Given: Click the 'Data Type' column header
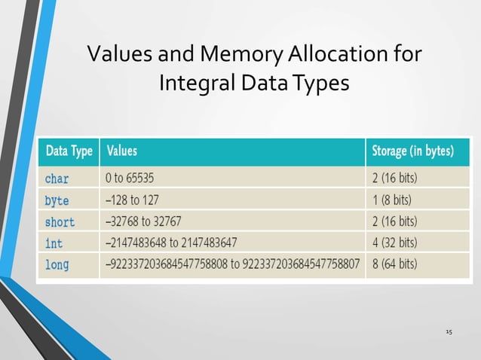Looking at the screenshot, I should tap(69, 151).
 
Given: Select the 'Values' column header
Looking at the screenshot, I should tap(122, 151).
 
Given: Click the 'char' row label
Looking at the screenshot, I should tap(57, 179).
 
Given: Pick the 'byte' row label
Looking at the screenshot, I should tap(57, 200).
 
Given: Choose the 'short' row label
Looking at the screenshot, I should tap(60, 221).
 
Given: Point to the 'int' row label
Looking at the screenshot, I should tap(54, 243).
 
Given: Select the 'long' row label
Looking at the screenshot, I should tap(57, 265).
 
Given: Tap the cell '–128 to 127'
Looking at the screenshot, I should tap(132, 200).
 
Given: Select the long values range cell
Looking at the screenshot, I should tap(232, 265).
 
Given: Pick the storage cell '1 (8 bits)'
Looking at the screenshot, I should tap(391, 200).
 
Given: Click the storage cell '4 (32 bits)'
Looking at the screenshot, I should tap(394, 243).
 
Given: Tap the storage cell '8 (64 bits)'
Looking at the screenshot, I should tap(394, 265).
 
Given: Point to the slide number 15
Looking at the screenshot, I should tap(449, 331).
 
